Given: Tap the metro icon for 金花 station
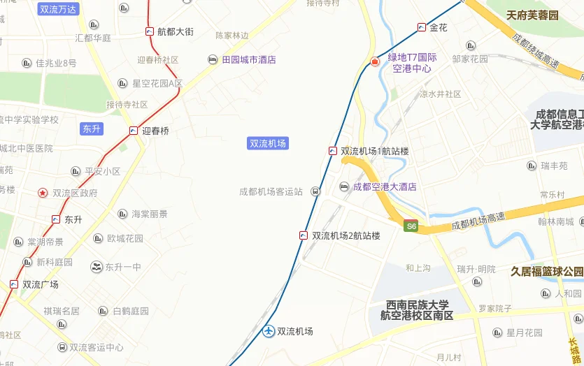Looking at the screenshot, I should [421, 27].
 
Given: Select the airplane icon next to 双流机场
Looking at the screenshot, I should [269, 331].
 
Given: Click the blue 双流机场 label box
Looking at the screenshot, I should [269, 143].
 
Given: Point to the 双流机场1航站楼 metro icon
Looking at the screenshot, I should [333, 151].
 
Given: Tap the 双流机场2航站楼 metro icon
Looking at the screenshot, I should [304, 235].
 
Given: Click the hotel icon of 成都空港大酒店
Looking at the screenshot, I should [344, 186].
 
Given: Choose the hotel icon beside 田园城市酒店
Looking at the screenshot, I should [213, 60].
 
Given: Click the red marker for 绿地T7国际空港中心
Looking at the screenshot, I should [375, 61].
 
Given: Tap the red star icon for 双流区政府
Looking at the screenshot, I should [43, 193].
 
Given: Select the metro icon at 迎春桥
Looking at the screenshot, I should [134, 131].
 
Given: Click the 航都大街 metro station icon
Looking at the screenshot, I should [150, 31].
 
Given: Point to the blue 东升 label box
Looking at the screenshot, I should [92, 129].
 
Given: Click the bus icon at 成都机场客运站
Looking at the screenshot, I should [315, 191].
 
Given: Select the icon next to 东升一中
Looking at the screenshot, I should [97, 267].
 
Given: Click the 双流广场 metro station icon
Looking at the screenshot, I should [14, 284].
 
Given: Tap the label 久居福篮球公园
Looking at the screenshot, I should [547, 271].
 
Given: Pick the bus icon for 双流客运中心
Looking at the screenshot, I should [62, 347].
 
